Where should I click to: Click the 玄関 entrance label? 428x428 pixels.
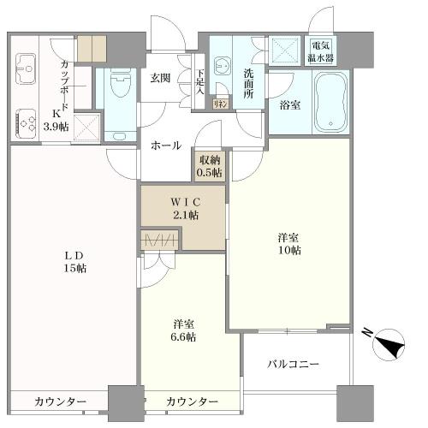coord(160,78)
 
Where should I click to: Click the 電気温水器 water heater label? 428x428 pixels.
coord(322,52)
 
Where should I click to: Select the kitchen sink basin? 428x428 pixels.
coord(23,65)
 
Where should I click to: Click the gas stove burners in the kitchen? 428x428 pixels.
coord(24,121)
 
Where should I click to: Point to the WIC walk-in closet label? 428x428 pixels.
coord(182,203)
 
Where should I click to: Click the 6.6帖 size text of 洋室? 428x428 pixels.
coord(183,337)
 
